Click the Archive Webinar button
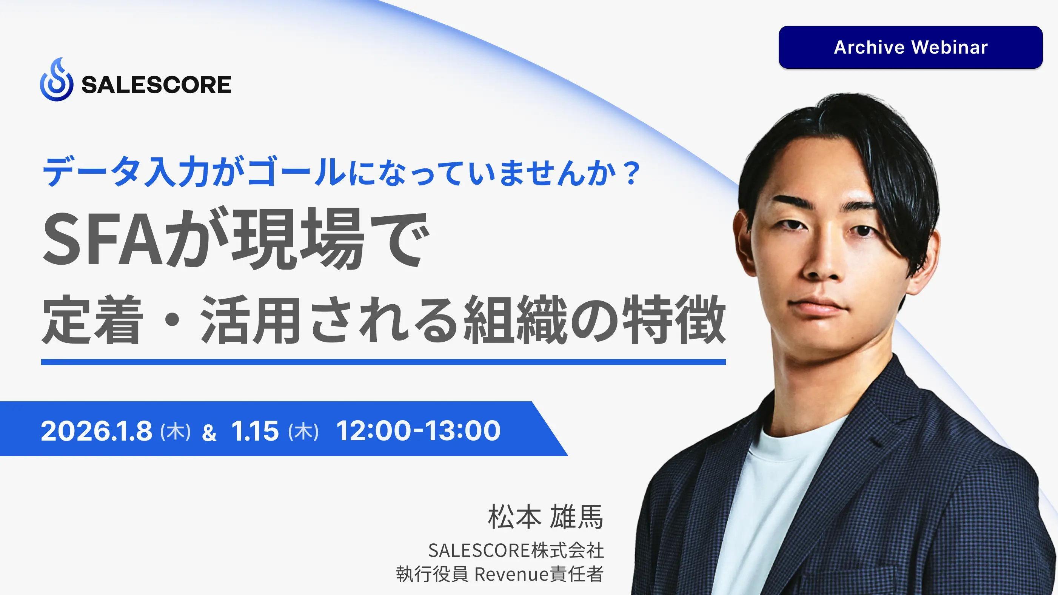pyautogui.click(x=910, y=47)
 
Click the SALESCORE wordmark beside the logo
pyautogui.click(x=156, y=85)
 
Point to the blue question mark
pyautogui.click(x=631, y=173)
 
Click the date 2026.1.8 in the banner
pyautogui.click(x=97, y=431)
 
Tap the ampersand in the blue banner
pyautogui.click(x=209, y=433)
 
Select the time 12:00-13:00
pyautogui.click(x=419, y=431)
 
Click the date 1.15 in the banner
pyautogui.click(x=255, y=431)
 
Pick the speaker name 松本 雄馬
pyautogui.click(x=545, y=517)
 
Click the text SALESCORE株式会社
pyautogui.click(x=516, y=550)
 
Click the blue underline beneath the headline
pyautogui.click(x=383, y=362)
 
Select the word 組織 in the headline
pyautogui.click(x=516, y=319)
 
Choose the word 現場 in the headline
pyautogui.click(x=299, y=239)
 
